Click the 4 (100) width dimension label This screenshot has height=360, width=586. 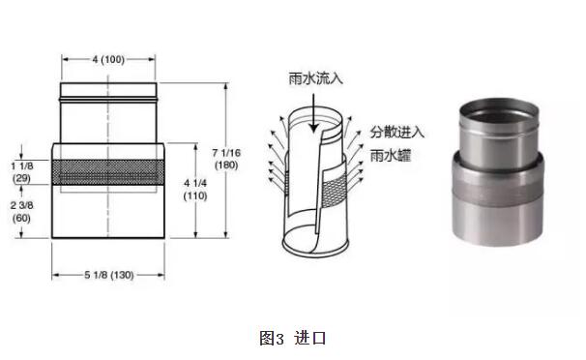[108, 59]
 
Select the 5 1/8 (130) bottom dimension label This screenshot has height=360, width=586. [108, 275]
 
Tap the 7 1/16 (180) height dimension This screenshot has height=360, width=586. [226, 159]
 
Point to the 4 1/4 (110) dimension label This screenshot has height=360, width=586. [195, 190]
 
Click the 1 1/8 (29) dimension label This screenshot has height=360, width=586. [21, 172]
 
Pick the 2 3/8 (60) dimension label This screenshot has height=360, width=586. [21, 212]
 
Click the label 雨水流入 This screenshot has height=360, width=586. [316, 79]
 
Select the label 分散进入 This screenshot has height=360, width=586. [396, 132]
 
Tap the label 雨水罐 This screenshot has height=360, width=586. [390, 155]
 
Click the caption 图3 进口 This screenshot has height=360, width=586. [293, 339]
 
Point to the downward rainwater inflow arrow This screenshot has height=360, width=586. [314, 113]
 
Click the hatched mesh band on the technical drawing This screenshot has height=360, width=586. [108, 172]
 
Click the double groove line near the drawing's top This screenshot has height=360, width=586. [108, 100]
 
